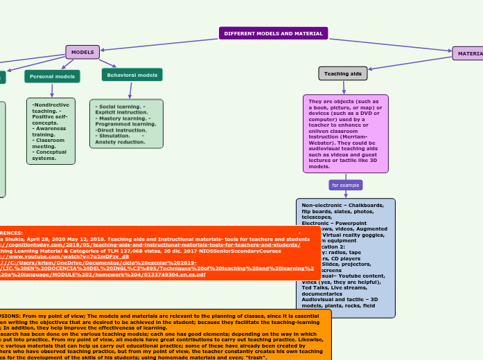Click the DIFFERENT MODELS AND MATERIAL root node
[273, 33]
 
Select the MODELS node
[82, 52]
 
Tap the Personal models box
[52, 76]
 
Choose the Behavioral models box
[132, 75]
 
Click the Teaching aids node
[342, 73]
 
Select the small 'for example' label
[345, 186]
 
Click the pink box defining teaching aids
[345, 134]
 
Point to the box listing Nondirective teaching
[51, 130]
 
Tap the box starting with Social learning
[126, 123]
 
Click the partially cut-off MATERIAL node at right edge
[468, 53]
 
